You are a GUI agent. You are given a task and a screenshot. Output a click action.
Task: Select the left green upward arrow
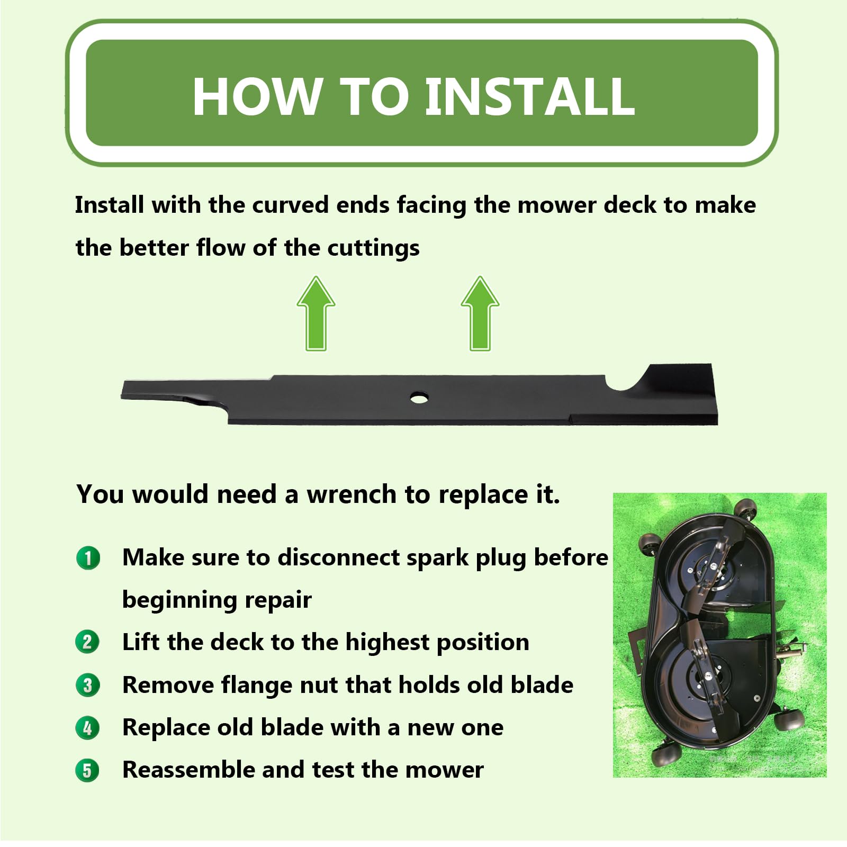coord(316,313)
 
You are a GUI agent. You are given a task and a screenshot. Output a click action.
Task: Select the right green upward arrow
coord(480,313)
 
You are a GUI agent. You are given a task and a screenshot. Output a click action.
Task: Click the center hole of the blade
coord(419,397)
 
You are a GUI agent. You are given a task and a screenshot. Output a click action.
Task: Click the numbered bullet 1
coord(88,558)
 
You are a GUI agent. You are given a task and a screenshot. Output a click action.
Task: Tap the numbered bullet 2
coord(88,643)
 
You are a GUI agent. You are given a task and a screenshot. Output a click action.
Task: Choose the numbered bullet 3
coord(88,685)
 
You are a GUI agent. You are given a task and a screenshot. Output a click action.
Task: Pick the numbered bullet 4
coord(88,728)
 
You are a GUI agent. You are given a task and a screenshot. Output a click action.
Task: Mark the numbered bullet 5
coord(88,770)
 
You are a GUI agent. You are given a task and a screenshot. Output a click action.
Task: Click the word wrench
coord(352,494)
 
